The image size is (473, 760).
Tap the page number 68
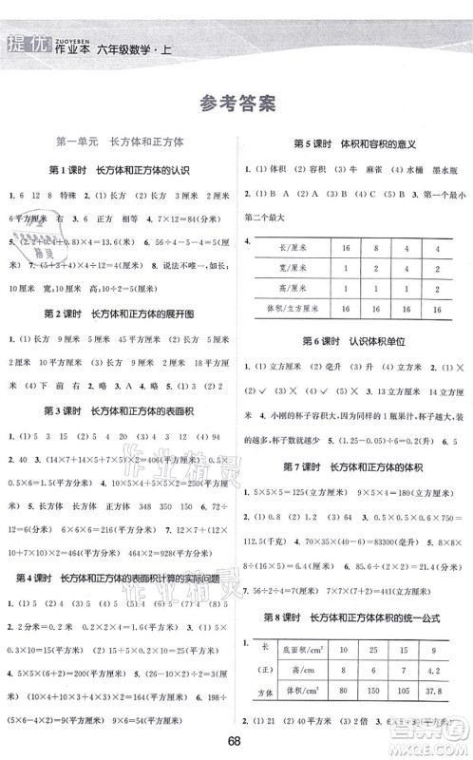click(x=237, y=743)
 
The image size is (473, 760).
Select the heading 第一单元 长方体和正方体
click(x=121, y=141)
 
